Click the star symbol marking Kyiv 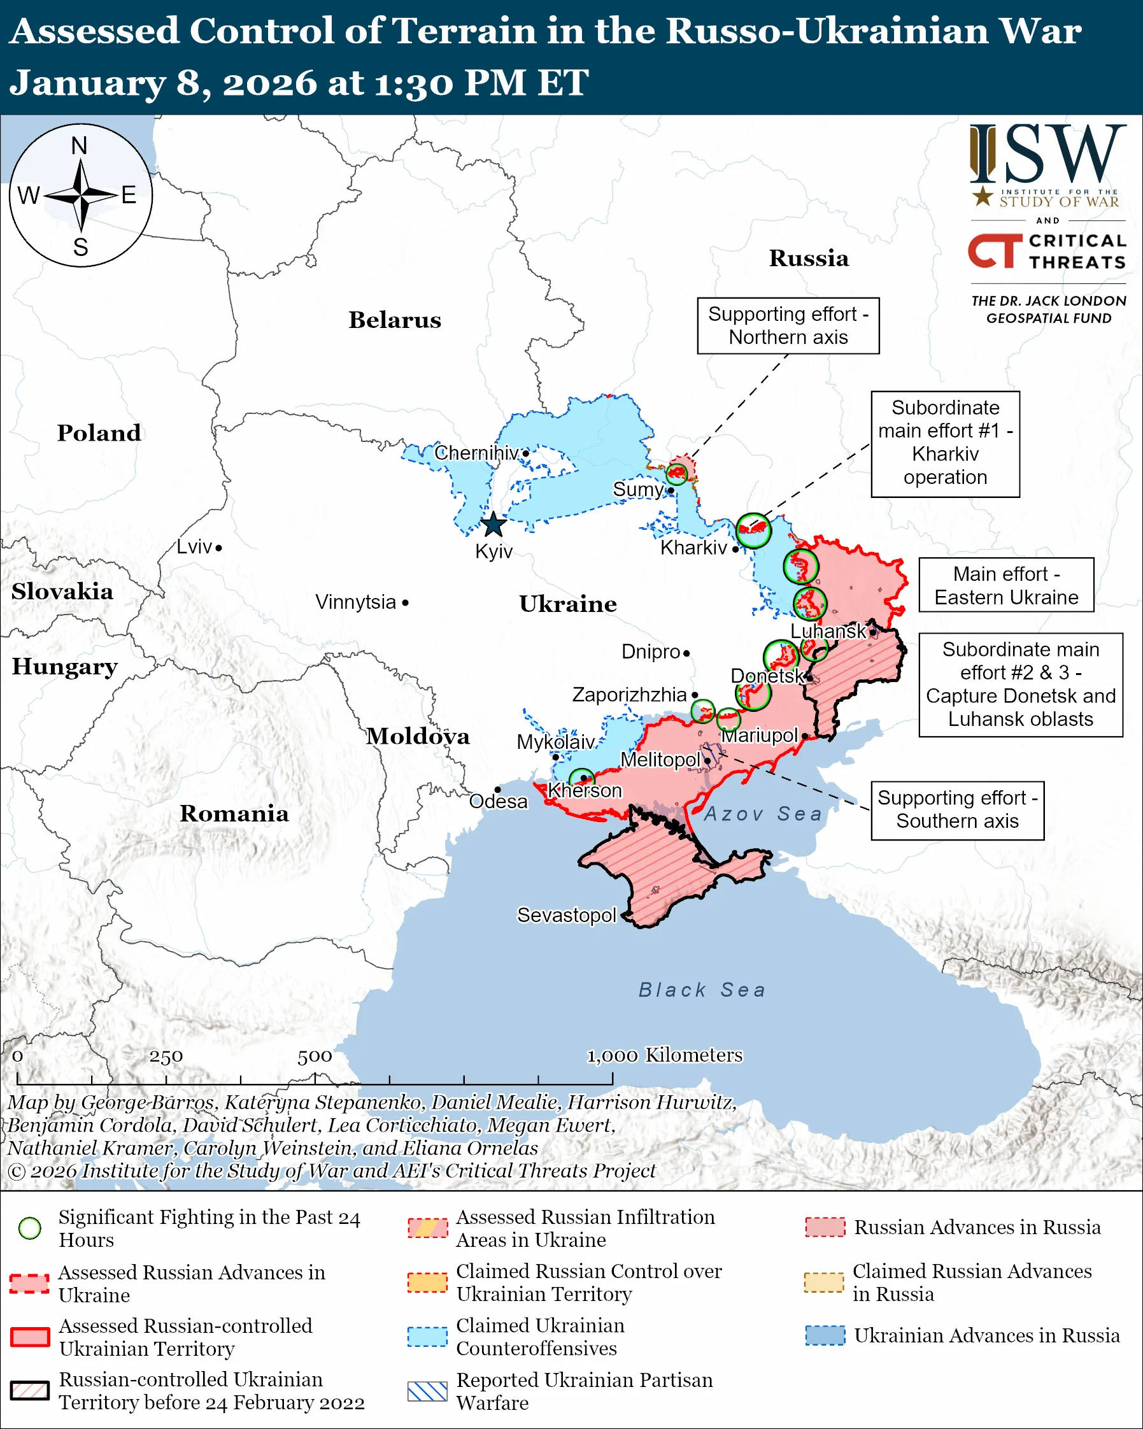[493, 525]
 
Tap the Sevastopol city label [567, 914]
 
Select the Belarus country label [395, 320]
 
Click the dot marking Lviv [218, 548]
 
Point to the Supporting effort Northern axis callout [788, 325]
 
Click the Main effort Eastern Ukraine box [1006, 585]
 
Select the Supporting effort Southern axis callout [958, 809]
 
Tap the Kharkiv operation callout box [945, 443]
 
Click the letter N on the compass [80, 146]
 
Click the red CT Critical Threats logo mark [995, 250]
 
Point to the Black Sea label [702, 990]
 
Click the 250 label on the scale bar [166, 1056]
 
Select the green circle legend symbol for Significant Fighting [30, 1228]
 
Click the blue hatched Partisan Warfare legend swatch [427, 1391]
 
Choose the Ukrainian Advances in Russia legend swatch [825, 1335]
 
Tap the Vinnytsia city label [356, 602]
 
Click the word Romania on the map [234, 813]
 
